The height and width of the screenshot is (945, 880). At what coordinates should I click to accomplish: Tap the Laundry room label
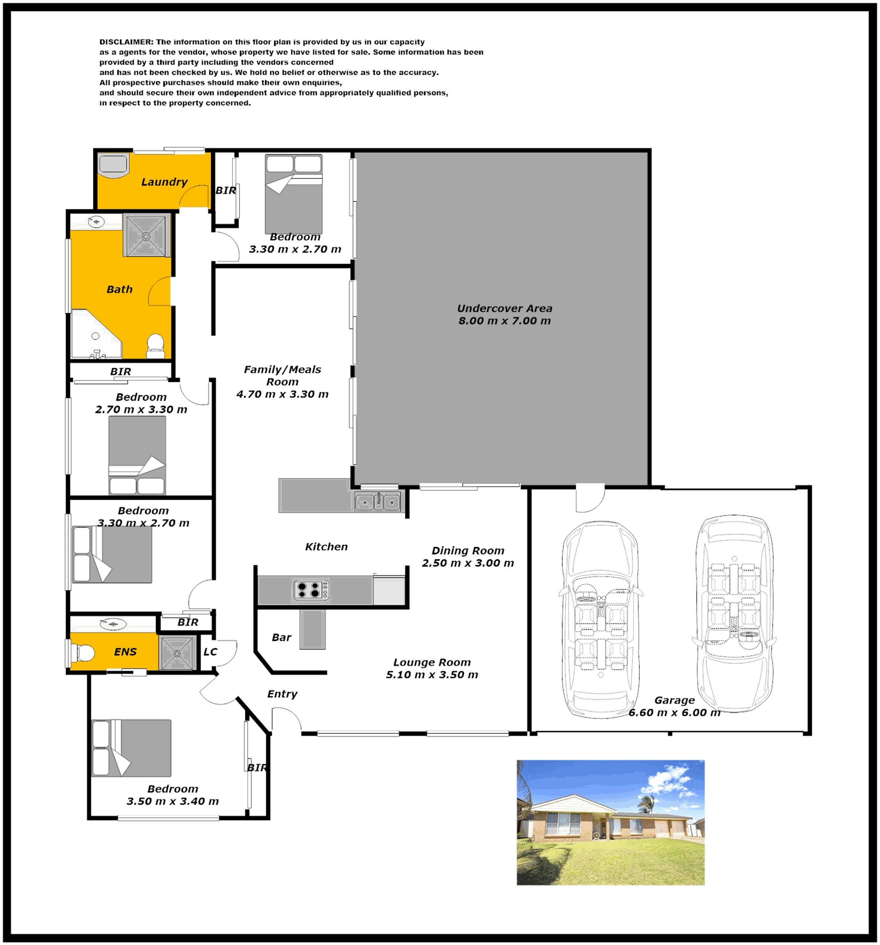pyautogui.click(x=164, y=182)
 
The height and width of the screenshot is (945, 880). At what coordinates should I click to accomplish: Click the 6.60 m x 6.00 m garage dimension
pyautogui.click(x=674, y=713)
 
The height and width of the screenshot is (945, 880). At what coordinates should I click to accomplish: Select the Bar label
pyautogui.click(x=282, y=638)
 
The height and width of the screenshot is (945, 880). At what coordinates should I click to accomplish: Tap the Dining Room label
pyautogui.click(x=468, y=550)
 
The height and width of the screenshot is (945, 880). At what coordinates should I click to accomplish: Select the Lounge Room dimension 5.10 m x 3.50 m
pyautogui.click(x=432, y=675)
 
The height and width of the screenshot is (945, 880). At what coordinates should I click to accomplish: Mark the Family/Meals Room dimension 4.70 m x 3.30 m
pyautogui.click(x=282, y=394)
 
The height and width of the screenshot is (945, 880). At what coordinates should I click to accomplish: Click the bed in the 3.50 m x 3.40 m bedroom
pyautogui.click(x=131, y=748)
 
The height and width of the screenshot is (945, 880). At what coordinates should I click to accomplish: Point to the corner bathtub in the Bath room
pyautogui.click(x=96, y=334)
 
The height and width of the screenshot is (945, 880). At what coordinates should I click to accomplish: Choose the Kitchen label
pyautogui.click(x=326, y=547)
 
